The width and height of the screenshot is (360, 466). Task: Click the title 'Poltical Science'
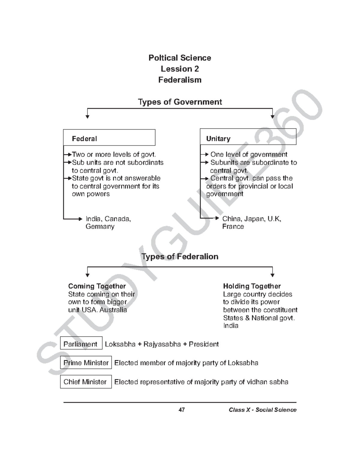click(x=180, y=58)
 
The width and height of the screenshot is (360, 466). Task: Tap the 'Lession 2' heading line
click(x=180, y=69)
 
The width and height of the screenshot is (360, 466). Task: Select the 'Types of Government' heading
click(x=180, y=102)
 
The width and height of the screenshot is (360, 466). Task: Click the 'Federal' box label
click(x=84, y=139)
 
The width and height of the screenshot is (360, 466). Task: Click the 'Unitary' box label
click(x=218, y=139)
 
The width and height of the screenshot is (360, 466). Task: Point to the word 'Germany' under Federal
click(x=100, y=227)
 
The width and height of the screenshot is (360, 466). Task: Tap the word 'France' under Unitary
click(x=233, y=227)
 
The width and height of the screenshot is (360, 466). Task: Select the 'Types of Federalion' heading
click(x=180, y=257)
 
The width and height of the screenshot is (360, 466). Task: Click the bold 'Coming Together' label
click(x=97, y=286)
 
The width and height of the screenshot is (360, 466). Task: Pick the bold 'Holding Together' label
click(x=252, y=286)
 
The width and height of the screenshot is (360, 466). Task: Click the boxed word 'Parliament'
click(x=80, y=344)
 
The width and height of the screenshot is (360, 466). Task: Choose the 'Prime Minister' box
click(x=86, y=363)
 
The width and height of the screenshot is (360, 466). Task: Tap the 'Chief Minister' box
click(x=85, y=382)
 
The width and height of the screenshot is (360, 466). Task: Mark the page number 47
click(x=181, y=410)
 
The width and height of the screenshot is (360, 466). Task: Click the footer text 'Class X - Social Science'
click(x=262, y=410)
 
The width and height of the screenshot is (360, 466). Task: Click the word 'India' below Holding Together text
click(x=231, y=326)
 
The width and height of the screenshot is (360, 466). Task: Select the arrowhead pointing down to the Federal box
click(x=87, y=117)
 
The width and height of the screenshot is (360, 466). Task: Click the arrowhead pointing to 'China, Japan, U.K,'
click(x=217, y=218)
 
